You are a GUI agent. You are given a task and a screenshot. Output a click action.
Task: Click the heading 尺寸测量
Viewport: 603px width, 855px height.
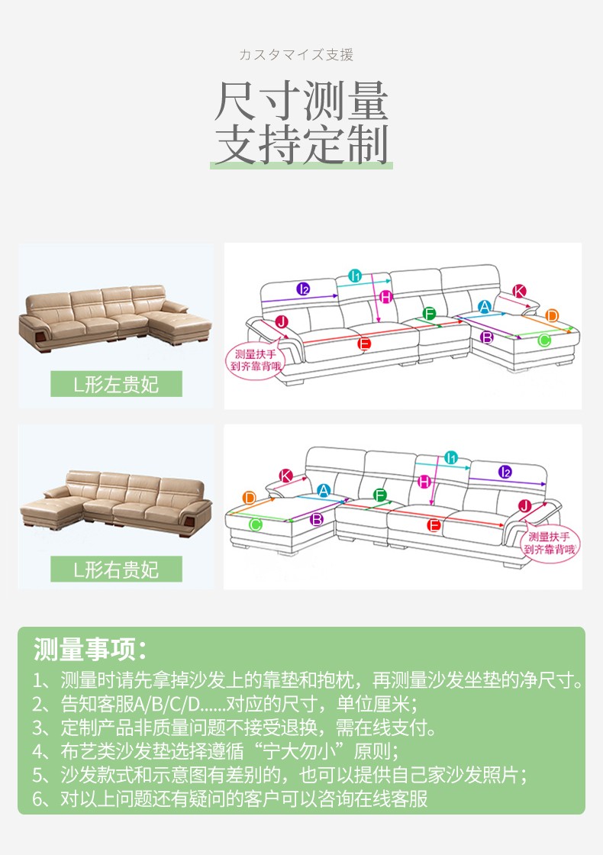coord(301,100)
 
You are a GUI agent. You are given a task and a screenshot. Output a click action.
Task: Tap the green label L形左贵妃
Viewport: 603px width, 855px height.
coord(116,384)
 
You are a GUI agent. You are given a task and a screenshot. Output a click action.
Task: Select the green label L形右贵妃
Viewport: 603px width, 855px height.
coord(116,569)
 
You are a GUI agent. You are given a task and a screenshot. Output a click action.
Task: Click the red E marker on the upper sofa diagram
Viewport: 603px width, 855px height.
coord(364,344)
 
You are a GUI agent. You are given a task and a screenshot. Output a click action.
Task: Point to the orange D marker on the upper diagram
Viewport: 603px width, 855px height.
coord(552,315)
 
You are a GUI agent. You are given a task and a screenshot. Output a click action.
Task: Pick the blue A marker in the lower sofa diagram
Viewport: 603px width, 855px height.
coord(324,490)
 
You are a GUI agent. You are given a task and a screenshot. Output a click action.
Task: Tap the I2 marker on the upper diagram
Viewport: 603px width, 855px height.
coord(304,289)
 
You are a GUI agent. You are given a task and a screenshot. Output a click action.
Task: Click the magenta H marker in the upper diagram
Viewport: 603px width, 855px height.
coord(386,297)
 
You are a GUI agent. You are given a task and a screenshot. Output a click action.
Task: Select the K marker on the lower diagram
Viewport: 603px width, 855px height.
coord(285,476)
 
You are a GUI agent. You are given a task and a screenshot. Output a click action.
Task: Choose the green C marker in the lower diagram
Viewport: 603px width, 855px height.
coord(255,524)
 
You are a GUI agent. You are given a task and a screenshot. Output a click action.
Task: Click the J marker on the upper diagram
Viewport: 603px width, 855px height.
coord(282,321)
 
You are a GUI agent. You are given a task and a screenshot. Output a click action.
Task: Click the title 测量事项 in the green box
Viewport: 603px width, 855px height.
coord(91,649)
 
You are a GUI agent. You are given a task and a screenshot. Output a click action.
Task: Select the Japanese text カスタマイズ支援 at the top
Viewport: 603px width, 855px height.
coord(297,54)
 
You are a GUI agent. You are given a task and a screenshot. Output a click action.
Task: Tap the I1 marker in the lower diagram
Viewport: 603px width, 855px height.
coord(451,458)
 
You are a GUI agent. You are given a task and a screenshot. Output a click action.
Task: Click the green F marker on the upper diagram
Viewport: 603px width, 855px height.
coord(429,314)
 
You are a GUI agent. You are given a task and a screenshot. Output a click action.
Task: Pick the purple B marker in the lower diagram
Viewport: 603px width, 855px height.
coord(316,519)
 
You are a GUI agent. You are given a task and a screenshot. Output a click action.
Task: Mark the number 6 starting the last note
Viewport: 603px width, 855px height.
coord(37,799)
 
